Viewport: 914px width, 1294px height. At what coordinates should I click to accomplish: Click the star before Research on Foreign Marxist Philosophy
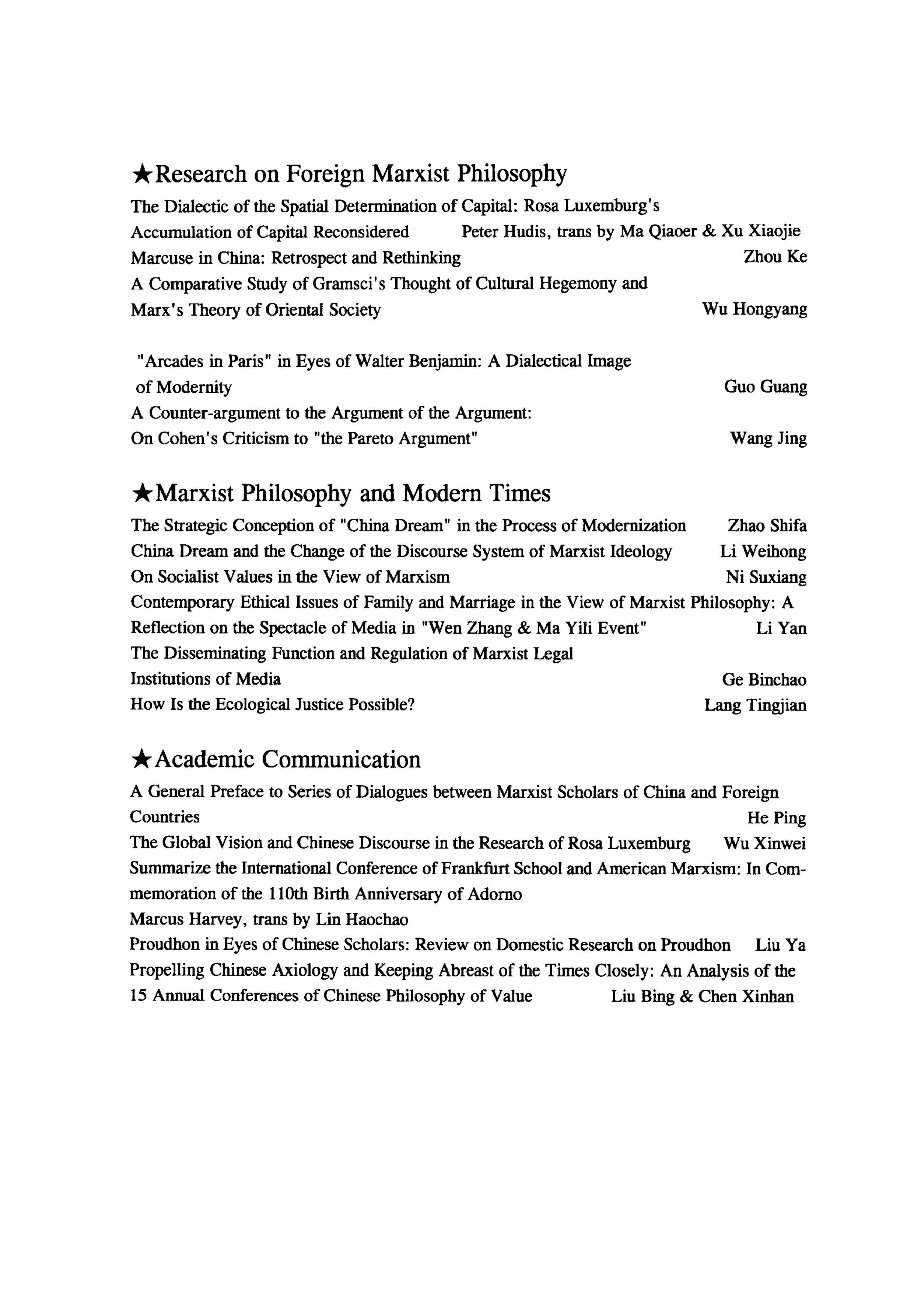141,175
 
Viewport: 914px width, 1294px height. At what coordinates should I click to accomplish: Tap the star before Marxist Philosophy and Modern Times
141,494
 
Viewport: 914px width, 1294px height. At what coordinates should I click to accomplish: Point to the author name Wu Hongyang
754,309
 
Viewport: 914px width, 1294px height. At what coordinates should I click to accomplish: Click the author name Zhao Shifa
767,525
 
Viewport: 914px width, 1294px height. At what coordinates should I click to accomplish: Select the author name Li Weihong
763,551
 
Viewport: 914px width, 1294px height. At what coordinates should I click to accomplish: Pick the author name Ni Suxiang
766,577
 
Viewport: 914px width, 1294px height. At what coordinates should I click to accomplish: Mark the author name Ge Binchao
764,680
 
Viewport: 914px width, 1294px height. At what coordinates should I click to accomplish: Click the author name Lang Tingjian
755,705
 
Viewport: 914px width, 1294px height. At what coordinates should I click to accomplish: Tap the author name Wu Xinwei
764,844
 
